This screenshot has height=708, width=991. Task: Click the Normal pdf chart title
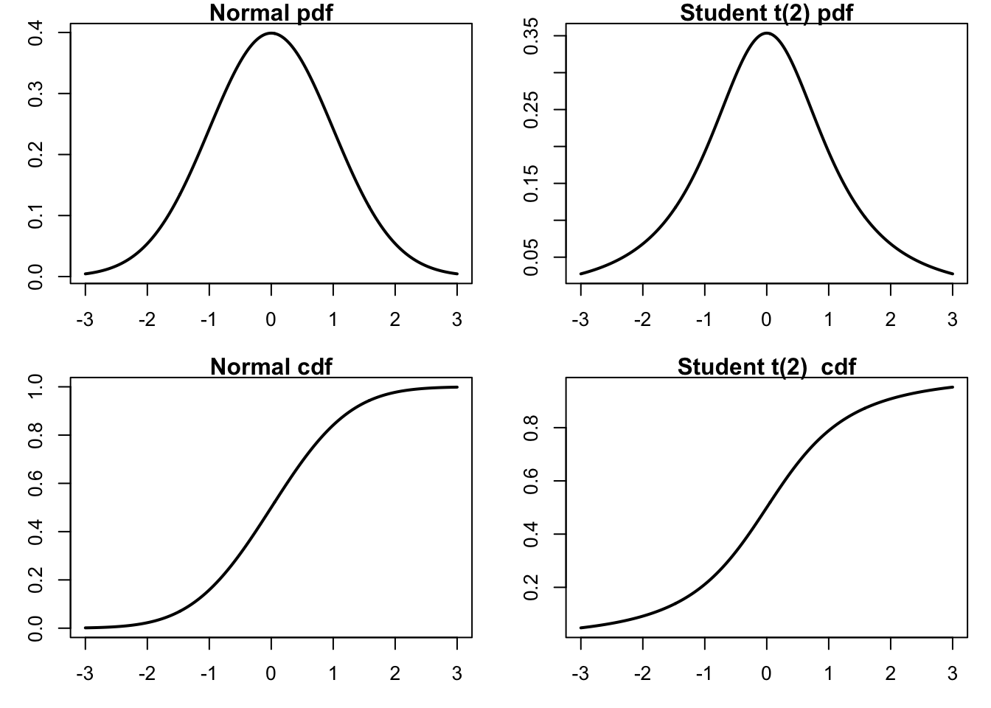271,13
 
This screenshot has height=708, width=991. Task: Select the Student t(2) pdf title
766,13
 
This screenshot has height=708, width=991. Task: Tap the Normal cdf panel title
271,367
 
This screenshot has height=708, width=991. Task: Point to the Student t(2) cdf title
766,367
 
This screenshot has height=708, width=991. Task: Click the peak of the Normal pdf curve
271,33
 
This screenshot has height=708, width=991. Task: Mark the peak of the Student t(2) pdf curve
767,33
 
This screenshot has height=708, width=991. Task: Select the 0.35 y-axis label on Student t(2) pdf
530,36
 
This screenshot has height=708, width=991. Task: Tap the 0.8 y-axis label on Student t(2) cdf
530,428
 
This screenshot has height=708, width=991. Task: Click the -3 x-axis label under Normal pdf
85,319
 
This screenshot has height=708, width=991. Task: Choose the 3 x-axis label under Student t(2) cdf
953,673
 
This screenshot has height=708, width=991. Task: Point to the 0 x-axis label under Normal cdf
271,673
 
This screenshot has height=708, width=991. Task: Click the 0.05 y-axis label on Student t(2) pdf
530,257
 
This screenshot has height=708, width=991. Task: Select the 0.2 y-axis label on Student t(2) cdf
530,587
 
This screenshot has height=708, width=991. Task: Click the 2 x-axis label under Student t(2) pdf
891,319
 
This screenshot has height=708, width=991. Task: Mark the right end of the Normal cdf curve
457,387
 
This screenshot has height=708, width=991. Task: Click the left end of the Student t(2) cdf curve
581,628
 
